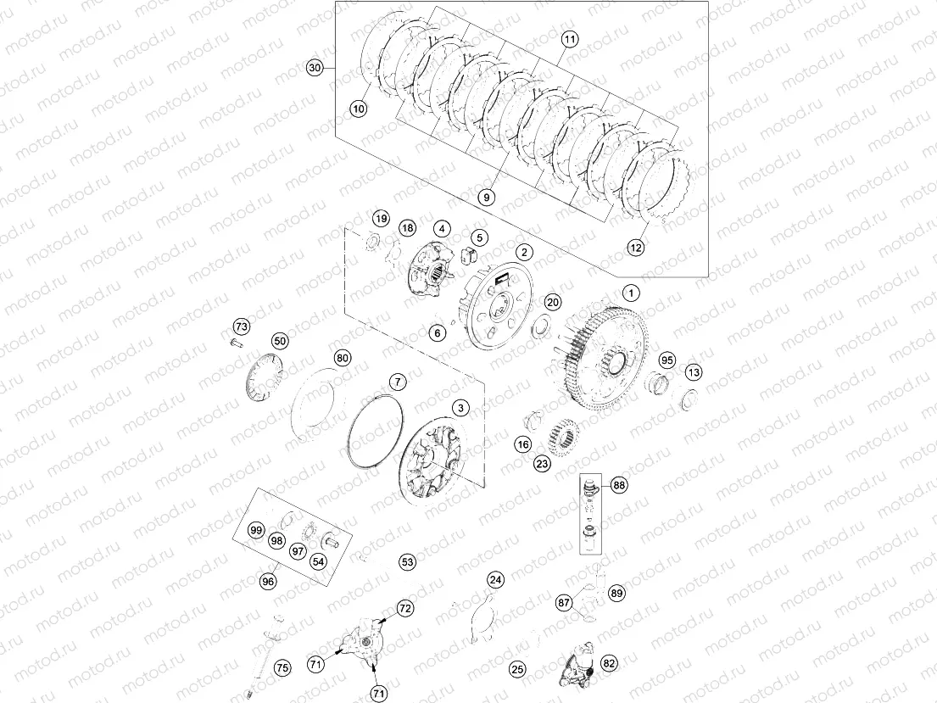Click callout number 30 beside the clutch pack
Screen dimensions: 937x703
[315, 68]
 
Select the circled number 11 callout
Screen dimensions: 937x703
[570, 40]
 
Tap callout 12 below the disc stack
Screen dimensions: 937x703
[635, 247]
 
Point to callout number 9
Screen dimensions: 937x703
[487, 197]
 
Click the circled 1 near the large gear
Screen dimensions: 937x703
[631, 293]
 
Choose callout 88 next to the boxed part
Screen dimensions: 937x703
[619, 485]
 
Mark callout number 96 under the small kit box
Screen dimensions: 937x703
[268, 581]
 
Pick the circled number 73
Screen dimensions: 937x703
[242, 326]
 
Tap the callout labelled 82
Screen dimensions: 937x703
[609, 663]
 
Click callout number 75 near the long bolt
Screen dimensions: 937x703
[282, 668]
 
